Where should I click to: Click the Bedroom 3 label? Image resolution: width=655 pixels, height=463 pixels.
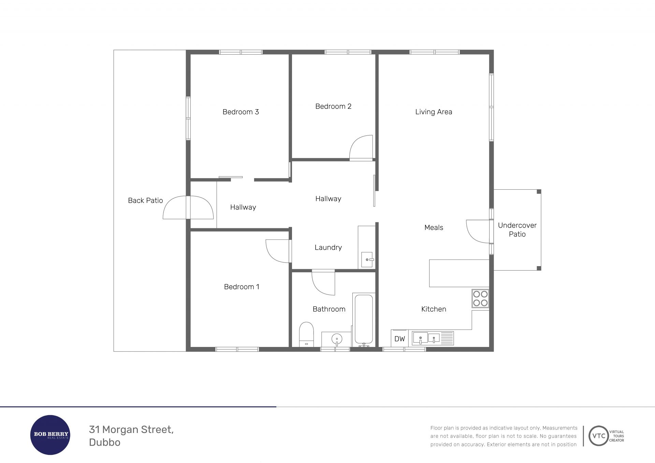pos(241,112)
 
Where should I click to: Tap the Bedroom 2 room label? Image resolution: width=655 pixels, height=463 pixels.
pos(333,106)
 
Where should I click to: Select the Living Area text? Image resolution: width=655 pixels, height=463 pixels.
pos(434,112)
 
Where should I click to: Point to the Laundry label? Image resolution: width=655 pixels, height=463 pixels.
pos(328,247)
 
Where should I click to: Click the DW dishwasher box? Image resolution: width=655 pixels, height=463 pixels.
pos(399,338)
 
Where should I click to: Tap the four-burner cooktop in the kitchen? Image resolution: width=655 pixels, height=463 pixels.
pos(480,299)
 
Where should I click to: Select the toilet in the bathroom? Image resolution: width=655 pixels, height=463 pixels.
pos(306,334)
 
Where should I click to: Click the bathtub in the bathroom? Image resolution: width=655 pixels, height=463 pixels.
pos(364,320)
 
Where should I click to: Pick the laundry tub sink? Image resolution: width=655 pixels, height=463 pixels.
pos(367,260)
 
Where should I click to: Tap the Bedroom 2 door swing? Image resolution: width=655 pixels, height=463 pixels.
pos(361,148)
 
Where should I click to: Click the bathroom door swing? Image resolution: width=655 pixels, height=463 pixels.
pos(323,283)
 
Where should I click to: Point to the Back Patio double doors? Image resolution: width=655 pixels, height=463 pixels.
pos(188,207)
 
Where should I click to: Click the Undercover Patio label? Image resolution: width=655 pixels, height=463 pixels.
pos(517,230)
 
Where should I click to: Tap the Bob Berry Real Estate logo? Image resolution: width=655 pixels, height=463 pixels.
pos(50,435)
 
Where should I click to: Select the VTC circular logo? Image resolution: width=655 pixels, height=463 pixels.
pos(599,436)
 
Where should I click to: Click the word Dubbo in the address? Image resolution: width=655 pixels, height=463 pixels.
pos(105,442)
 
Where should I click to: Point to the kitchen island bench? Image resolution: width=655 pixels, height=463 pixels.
pos(459,273)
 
